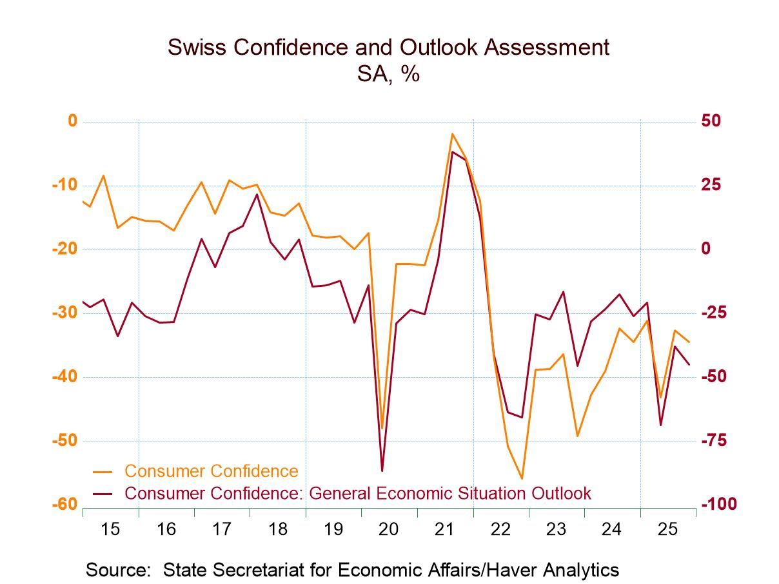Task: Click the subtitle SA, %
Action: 388,74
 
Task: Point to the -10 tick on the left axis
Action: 64,186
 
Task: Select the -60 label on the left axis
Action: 64,505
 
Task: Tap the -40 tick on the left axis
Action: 64,377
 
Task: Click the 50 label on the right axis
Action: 711,121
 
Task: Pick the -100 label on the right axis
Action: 718,505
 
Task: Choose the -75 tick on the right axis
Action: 715,441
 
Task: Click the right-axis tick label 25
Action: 711,186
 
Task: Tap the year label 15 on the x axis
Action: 110,530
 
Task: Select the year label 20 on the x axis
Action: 389,530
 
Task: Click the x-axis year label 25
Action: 667,530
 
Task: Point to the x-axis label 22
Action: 500,530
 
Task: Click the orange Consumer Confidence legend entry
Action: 211,471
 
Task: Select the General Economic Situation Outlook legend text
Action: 450,494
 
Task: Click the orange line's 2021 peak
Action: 453,134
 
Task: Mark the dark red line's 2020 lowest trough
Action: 382,471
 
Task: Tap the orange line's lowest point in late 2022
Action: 522,479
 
